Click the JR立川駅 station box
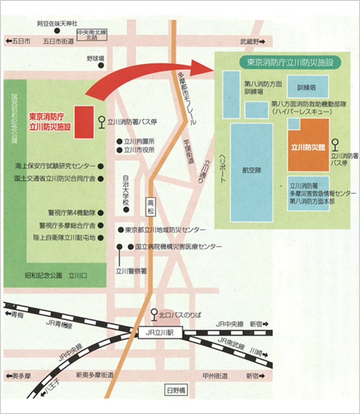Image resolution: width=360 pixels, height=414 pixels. tap(159, 333)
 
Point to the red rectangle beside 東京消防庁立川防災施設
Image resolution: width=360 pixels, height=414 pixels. tap(84, 121)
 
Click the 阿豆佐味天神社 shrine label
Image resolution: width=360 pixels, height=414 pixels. tap(58, 22)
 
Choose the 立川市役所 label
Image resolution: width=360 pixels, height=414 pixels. tap(139, 150)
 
